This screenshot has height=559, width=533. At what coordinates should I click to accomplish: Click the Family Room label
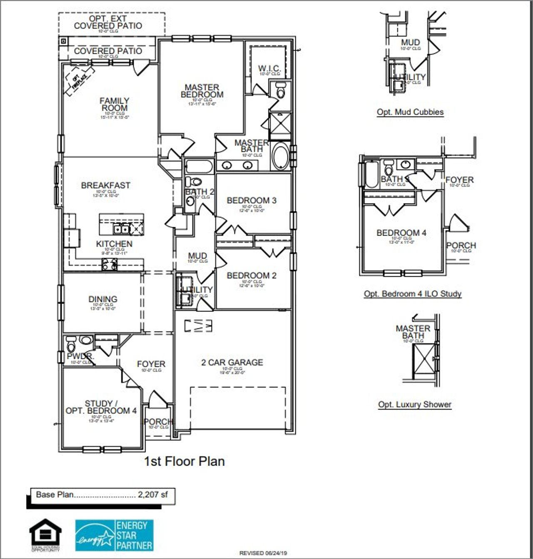tap(115, 104)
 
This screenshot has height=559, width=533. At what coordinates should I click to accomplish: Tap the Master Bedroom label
tap(202, 91)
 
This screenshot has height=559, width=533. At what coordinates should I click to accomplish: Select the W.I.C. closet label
tap(269, 68)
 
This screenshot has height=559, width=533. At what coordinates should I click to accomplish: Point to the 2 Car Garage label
tap(232, 363)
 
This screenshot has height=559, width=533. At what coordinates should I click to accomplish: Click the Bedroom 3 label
tap(251, 201)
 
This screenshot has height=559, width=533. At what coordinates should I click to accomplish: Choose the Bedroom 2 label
tap(251, 276)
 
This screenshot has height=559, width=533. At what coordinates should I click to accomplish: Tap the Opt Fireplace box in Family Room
tap(78, 80)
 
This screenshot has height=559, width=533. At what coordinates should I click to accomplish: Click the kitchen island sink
tap(121, 229)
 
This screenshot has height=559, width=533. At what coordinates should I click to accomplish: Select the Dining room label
tap(102, 299)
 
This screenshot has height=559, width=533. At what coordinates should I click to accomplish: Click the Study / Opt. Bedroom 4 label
tap(101, 407)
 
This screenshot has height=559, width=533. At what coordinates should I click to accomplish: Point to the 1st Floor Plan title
tap(184, 461)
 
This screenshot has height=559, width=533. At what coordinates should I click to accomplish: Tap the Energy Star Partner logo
tap(114, 535)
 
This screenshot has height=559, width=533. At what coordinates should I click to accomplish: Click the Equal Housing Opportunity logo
tap(45, 534)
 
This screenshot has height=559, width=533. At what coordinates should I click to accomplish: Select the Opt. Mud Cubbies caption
tap(410, 112)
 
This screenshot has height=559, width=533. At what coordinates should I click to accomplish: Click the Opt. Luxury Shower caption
tap(414, 405)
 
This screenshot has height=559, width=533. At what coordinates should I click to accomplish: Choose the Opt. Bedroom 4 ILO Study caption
tap(412, 294)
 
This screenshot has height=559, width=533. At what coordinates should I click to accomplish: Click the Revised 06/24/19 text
tap(263, 553)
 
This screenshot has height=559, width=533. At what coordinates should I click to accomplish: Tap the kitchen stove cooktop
tap(110, 264)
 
